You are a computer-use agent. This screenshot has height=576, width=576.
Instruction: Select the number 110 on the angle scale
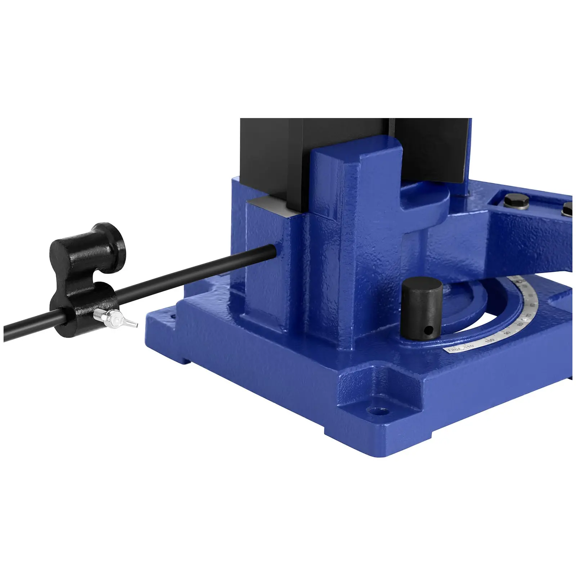[x=469, y=346]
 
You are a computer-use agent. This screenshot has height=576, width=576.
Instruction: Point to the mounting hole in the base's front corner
[x=379, y=410]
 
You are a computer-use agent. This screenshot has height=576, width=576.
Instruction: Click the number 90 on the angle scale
[x=507, y=333]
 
